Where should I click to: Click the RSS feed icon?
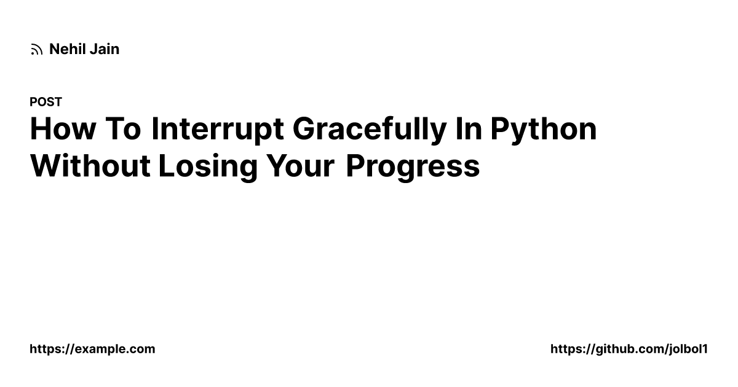pos(36,50)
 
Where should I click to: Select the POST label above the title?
pos(46,102)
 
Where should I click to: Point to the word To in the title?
pos(123,129)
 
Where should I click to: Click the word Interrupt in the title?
pos(218,129)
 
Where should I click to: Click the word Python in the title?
pos(544,129)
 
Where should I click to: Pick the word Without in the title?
pos(90,166)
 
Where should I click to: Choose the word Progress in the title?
pos(412,166)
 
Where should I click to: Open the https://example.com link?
pos(92,349)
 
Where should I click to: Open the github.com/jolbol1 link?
pos(629,349)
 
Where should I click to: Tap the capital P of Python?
pos(501,129)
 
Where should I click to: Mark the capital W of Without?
pos(44,166)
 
